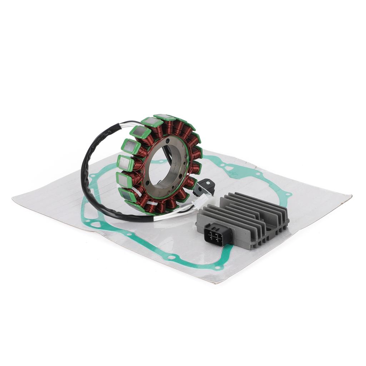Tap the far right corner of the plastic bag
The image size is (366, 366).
tap(350, 196)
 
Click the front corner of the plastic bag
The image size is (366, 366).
tap(214, 283)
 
